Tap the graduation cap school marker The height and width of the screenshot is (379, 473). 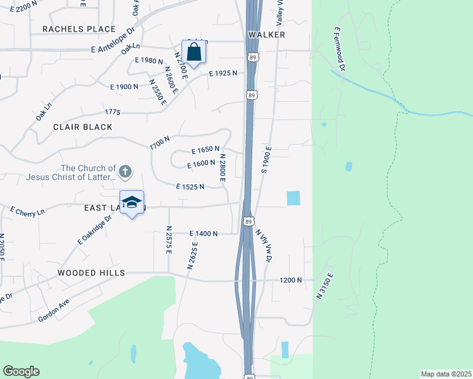coord(132,203)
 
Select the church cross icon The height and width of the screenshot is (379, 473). coord(125,171)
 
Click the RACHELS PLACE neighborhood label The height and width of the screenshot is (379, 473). coord(79,29)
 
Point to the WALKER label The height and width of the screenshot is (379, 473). coord(267,35)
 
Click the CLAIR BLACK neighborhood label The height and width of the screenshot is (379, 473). coord(83,127)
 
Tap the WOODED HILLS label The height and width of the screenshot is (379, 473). coord(91,273)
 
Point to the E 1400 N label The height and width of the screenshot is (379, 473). coord(204,234)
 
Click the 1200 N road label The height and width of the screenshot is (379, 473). coord(291,279)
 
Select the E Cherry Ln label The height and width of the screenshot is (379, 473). coord(27,211)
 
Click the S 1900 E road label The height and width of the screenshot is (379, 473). coord(267,159)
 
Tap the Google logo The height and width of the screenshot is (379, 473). coord(21,371)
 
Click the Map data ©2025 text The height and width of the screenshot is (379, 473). coord(446,374)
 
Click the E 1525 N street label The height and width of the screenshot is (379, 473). coord(190,187)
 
